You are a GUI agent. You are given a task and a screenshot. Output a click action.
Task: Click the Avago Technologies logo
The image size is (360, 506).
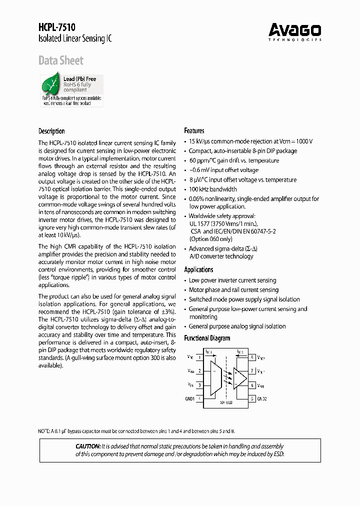[x=294, y=31]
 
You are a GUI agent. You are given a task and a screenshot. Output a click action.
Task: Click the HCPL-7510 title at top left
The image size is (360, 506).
[x=57, y=27]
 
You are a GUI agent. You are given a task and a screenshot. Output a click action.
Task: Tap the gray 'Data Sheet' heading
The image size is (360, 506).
[x=61, y=61]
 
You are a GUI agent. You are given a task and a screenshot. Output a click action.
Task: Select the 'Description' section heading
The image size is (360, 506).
[x=51, y=131]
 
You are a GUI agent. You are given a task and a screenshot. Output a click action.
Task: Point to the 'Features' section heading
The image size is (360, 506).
[x=194, y=130]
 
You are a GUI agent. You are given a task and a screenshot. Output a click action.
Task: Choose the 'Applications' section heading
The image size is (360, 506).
[x=198, y=269]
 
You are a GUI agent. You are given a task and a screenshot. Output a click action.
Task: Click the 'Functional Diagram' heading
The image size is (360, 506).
[x=207, y=338]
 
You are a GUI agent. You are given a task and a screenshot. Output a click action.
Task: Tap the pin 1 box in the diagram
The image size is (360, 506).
[x=199, y=357]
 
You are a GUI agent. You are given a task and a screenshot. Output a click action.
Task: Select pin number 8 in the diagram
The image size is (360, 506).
[x=253, y=357]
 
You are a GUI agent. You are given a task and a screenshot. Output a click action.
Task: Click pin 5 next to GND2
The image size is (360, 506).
[x=253, y=398]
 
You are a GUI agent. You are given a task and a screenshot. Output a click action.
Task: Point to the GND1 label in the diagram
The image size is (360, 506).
[x=189, y=398]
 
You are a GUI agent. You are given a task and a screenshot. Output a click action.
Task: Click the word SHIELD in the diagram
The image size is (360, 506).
[x=226, y=402]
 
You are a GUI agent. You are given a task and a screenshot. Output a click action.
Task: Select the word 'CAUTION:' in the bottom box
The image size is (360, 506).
[x=88, y=446]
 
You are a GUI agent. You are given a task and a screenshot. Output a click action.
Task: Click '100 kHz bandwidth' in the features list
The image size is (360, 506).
[x=212, y=189]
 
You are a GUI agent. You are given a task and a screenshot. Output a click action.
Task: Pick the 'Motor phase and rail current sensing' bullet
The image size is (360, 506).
[x=233, y=290]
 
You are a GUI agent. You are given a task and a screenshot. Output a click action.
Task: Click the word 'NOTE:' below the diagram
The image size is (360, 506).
[x=46, y=430]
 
